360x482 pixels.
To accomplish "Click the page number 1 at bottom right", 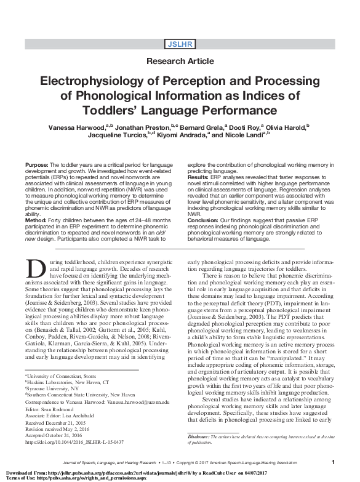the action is pyautogui.click(x=333, y=462).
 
